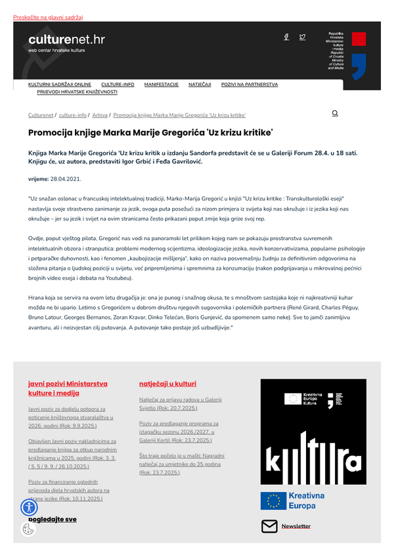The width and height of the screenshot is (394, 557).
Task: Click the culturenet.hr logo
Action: coord(66,41)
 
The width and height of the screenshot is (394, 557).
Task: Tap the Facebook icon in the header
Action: coord(286,37)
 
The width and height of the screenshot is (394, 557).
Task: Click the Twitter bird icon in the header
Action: coord(302,37)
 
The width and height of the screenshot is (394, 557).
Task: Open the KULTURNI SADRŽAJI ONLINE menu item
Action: coord(60,85)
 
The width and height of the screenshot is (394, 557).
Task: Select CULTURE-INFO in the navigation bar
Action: coord(118,85)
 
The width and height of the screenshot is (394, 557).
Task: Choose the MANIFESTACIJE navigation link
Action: coord(162,85)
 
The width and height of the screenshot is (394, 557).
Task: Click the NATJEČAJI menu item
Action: coord(200,85)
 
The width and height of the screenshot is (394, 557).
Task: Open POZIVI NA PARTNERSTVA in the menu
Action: coord(250,85)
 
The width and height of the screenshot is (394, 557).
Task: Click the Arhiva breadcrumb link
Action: coord(100,115)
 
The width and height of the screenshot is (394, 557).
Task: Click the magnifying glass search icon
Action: coord(335,113)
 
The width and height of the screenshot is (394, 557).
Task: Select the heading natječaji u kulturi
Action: coord(167,384)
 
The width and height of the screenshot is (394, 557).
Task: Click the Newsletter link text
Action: coord(296,526)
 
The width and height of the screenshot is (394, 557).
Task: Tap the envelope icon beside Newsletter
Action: coord(269,526)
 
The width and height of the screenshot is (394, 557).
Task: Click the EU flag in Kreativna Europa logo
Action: coord(273,501)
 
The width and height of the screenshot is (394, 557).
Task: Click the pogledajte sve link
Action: coord(53,519)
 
